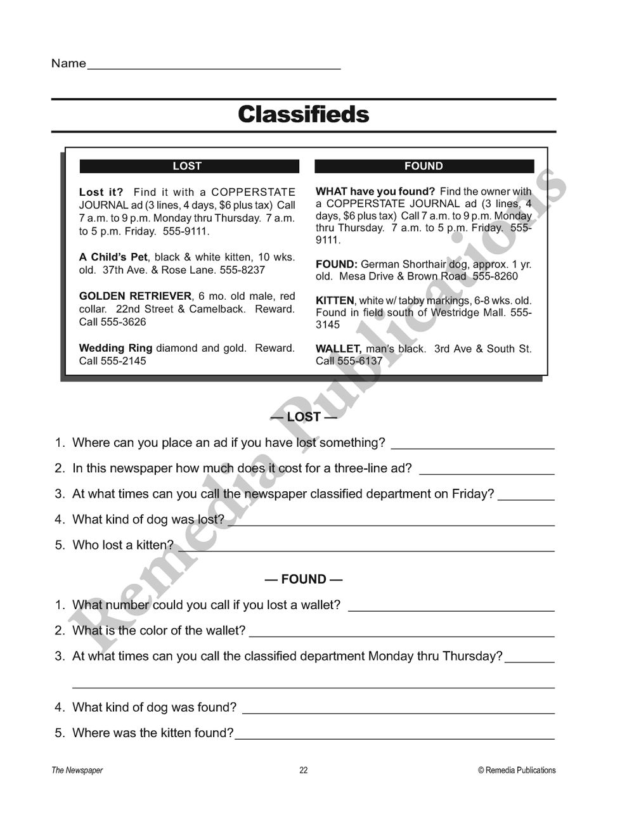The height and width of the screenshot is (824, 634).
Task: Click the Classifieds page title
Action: pos(303,115)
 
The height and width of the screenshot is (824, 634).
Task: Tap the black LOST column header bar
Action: pos(189,166)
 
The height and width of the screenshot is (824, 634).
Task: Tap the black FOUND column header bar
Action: pos(424,166)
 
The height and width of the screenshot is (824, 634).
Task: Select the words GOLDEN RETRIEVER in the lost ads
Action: pos(135,296)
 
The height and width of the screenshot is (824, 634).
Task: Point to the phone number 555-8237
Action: pos(242,270)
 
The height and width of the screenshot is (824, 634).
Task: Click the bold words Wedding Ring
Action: pos(115,348)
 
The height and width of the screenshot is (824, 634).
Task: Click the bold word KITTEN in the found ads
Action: pos(335,300)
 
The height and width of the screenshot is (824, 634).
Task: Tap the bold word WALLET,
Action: pos(339,349)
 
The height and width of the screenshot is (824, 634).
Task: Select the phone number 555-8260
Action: pos(495,276)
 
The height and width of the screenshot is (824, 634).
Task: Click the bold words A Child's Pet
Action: pos(113,257)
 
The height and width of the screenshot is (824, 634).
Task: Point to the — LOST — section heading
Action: pos(304,417)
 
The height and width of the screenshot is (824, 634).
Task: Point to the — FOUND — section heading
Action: pos(304,579)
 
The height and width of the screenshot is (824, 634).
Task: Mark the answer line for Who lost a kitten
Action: pos(366,550)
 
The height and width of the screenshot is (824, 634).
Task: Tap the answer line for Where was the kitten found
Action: pos(394,738)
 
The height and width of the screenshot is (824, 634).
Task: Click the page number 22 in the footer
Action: pos(304,771)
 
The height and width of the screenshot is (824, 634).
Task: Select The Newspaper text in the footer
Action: pos(77,771)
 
